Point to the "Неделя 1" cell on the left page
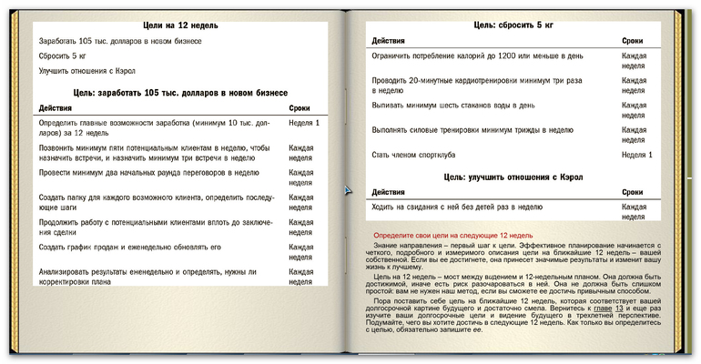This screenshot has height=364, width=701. (304, 122)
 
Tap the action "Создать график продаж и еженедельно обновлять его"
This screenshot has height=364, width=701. (130, 247)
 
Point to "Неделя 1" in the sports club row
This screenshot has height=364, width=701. (637, 155)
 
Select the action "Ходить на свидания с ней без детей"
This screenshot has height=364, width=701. (458, 207)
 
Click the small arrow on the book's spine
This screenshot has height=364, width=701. (347, 190)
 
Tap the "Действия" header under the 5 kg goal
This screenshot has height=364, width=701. (389, 41)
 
